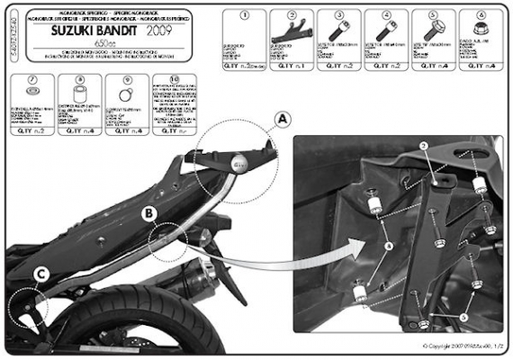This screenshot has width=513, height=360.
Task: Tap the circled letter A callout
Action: (x=283, y=119)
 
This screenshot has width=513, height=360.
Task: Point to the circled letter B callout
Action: (x=149, y=214)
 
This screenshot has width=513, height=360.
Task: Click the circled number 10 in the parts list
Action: (x=175, y=80)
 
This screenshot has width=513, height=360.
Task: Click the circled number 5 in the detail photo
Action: (x=463, y=317)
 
